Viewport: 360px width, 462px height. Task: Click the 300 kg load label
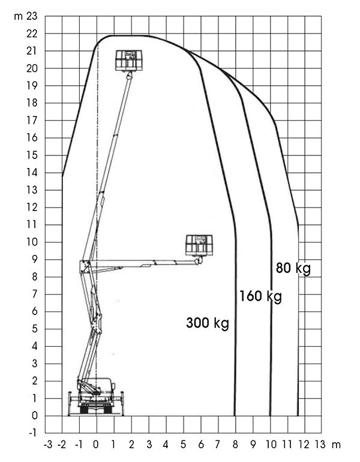coord(208,323)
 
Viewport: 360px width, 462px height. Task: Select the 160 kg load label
coord(260,296)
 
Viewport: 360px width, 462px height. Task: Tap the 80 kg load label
coord(293,268)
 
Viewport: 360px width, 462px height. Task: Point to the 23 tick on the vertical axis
coord(32,16)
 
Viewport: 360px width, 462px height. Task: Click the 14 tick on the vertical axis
coord(32,173)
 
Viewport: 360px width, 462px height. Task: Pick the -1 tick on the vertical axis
coord(32,433)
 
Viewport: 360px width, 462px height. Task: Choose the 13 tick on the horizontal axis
coord(320,445)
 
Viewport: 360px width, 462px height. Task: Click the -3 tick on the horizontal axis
coord(48,445)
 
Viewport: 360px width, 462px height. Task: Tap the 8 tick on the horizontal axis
coord(235,445)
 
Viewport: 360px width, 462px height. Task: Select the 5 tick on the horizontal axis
coord(183,445)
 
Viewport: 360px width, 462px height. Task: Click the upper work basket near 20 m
coord(128,61)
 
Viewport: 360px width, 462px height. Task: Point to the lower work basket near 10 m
coord(199,245)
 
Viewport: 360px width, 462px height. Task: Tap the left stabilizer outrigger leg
coord(70,403)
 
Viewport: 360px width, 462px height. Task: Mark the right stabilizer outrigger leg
coord(122,403)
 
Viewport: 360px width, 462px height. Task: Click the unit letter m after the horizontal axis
coord(336,445)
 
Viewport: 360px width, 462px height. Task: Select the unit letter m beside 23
coord(18,17)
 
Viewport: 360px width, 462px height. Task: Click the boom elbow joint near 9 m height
coord(85,263)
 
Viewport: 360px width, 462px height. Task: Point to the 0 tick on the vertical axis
coord(35,416)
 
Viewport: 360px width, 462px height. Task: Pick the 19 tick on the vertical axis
coord(32,86)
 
